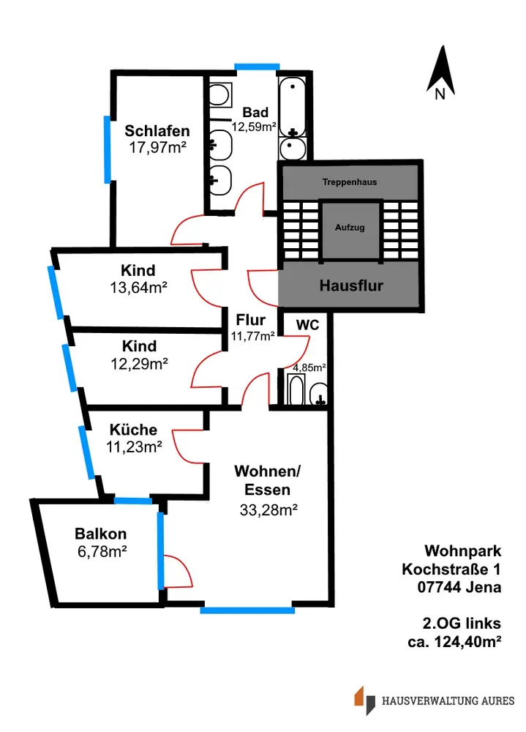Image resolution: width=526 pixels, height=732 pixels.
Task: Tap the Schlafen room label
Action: pyautogui.click(x=157, y=131)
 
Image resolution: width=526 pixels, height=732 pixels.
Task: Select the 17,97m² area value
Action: pyautogui.click(x=157, y=149)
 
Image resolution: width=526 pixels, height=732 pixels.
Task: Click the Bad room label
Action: pyautogui.click(x=255, y=113)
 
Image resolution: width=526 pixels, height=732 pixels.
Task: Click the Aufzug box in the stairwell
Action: pyautogui.click(x=350, y=228)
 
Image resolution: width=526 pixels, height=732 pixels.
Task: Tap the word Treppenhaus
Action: pyautogui.click(x=350, y=182)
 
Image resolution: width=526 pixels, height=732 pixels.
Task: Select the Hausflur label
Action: pyautogui.click(x=352, y=285)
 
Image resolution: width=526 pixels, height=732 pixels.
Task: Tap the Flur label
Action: pyautogui.click(x=250, y=320)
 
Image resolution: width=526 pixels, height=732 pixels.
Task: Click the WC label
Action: pyautogui.click(x=307, y=324)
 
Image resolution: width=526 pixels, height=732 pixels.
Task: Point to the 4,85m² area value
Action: pyautogui.click(x=309, y=368)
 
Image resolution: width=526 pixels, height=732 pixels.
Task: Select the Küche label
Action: pyautogui.click(x=133, y=430)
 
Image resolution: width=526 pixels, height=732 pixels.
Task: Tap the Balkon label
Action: pyautogui.click(x=101, y=534)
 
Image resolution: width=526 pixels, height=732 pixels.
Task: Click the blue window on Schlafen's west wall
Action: pyautogui.click(x=108, y=149)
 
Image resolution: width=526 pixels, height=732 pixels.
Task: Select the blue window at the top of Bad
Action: pyautogui.click(x=256, y=67)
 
